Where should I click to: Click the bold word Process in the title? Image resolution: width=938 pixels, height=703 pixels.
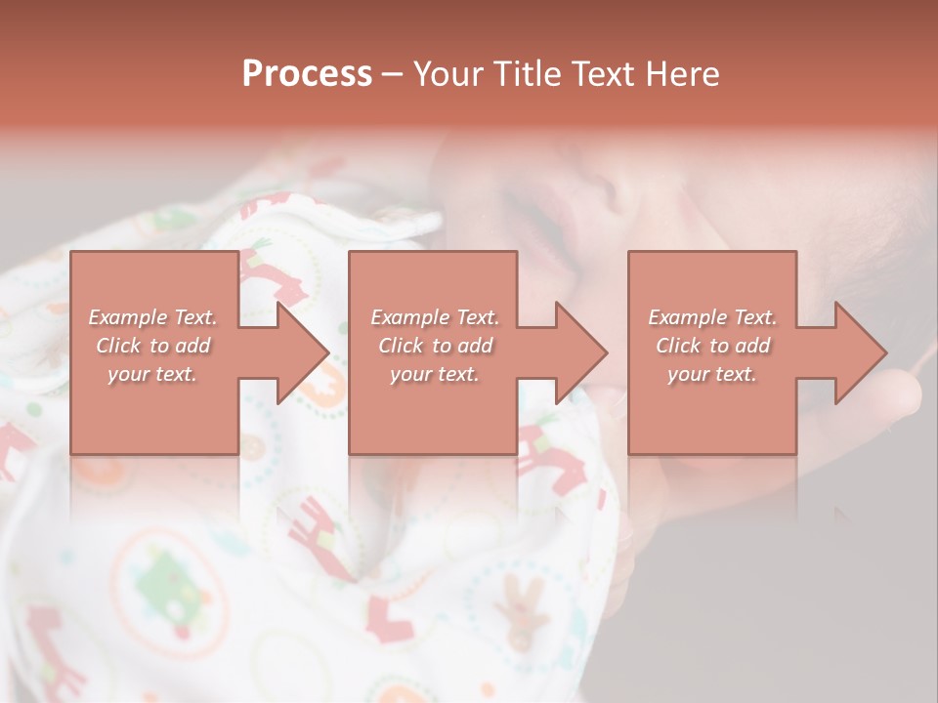[x=307, y=73]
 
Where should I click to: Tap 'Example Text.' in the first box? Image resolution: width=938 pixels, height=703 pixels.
[x=153, y=317]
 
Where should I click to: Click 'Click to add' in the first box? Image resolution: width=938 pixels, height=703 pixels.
[x=153, y=346]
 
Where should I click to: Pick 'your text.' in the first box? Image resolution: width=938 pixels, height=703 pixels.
[x=153, y=374]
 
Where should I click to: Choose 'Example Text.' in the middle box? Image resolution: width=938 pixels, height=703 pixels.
[x=435, y=317]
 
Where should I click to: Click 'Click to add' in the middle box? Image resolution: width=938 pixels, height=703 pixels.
[x=435, y=346]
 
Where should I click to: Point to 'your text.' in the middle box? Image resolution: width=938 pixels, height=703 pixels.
[x=435, y=374]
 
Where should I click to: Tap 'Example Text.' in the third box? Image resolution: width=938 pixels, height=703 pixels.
[x=712, y=317]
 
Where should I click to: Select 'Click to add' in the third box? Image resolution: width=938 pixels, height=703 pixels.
[x=712, y=346]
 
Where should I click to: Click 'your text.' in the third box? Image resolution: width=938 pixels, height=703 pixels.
[x=712, y=374]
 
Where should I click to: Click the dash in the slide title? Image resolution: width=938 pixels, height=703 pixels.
[x=393, y=74]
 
